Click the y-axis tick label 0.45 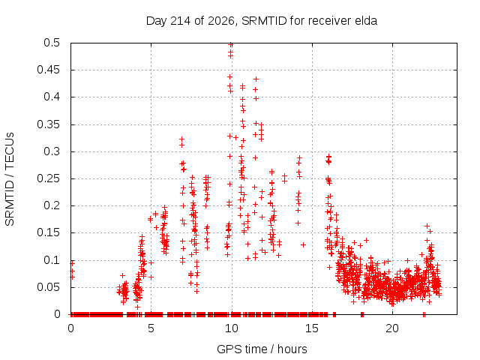tap(48, 70)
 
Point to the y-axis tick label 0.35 tap(48, 125)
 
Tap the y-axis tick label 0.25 tap(48, 178)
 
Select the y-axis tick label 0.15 tap(48, 232)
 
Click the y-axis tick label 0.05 tap(48, 287)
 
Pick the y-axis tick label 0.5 tap(52, 43)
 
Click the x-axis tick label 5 tap(151, 328)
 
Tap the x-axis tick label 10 tap(232, 328)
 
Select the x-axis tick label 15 tap(312, 328)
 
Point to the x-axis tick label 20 tap(392, 328)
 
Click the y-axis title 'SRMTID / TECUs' tap(10, 179)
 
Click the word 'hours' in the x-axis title tap(292, 349)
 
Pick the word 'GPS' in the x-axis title tap(226, 349)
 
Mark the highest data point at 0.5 tap(230, 45)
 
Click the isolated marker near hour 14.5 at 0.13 tap(303, 245)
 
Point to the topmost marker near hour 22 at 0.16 tap(427, 226)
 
